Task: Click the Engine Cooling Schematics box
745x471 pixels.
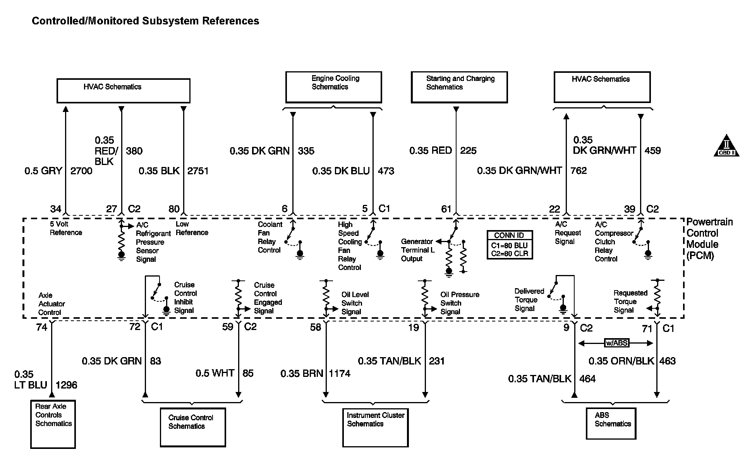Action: tap(333, 87)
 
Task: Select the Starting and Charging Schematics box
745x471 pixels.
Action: tap(459, 87)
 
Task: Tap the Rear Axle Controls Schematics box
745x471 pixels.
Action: tap(53, 424)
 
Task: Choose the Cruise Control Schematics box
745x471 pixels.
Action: tap(192, 427)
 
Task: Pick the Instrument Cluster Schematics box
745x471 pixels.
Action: tap(375, 427)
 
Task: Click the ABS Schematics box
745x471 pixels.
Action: tap(611, 423)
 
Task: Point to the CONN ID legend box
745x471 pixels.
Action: tap(510, 245)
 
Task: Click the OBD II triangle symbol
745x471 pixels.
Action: tap(726, 146)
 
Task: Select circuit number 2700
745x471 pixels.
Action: tap(81, 171)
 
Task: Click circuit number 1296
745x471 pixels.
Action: tap(66, 385)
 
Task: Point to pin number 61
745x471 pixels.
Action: tap(446, 209)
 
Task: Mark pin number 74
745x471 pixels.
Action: tap(41, 327)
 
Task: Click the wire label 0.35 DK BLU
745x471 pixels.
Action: tap(341, 171)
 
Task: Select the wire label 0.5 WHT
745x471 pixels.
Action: tap(215, 373)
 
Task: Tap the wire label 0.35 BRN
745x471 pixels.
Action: tap(302, 373)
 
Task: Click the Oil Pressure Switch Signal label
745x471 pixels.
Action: tap(460, 303)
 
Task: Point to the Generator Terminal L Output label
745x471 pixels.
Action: tap(417, 250)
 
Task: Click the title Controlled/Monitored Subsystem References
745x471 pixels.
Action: tap(145, 21)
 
